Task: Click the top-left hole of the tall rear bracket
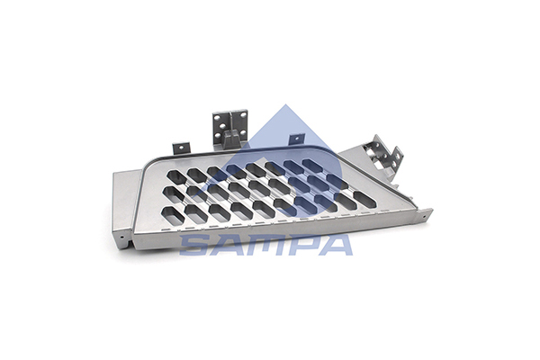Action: pyautogui.click(x=217, y=118)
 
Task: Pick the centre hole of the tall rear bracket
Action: pyautogui.click(x=223, y=126)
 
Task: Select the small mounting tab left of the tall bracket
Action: pyautogui.click(x=181, y=148)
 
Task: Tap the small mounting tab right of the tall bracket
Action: pyautogui.click(x=297, y=139)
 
